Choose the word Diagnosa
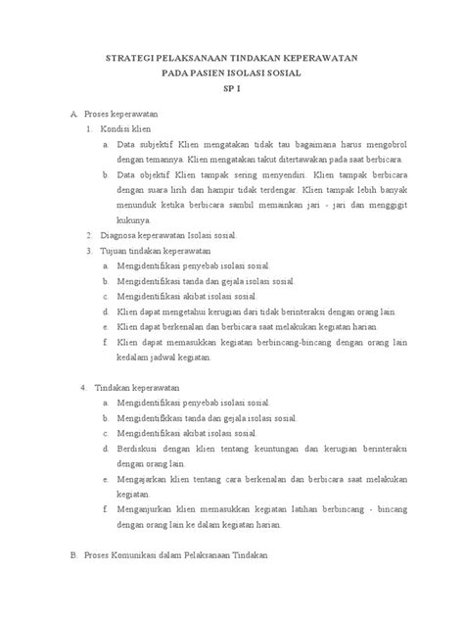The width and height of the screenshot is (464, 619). [x=121, y=236]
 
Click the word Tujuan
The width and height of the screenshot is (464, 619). [x=117, y=251]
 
